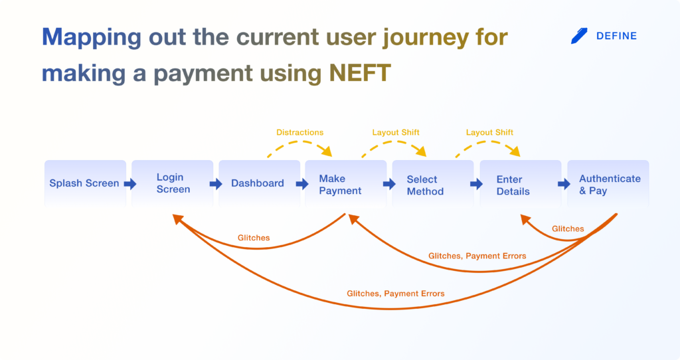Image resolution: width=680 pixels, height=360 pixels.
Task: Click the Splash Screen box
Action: coord(85,183)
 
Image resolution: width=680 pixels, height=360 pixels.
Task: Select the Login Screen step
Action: coord(172,183)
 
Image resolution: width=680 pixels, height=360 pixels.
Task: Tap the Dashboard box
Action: coord(260,183)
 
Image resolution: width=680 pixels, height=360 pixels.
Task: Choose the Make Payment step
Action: coord(345,183)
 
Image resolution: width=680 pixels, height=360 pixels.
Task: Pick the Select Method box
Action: coord(433,183)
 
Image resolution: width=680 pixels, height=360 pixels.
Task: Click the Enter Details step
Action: coord(521,183)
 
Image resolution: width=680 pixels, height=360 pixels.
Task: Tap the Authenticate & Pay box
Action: coord(608,183)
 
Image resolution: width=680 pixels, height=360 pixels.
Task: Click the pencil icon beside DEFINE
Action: coord(579,36)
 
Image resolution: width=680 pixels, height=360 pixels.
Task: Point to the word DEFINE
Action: coord(616,36)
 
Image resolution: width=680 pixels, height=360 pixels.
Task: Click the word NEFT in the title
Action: coord(360,72)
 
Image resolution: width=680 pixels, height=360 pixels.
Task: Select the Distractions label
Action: coord(299,132)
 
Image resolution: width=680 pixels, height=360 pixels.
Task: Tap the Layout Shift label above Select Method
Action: coord(396,132)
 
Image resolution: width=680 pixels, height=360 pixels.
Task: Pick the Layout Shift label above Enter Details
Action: coord(489,132)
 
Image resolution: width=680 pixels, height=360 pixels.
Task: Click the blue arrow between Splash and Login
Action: coord(130,184)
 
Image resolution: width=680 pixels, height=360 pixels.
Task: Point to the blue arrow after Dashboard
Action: coord(302,184)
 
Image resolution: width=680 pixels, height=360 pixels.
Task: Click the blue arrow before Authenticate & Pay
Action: coord(564,184)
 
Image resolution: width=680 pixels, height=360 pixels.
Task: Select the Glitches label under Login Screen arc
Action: coord(254,238)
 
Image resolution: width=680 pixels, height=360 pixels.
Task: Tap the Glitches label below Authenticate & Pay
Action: coord(568,228)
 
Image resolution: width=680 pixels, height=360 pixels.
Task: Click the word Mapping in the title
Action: coord(92,38)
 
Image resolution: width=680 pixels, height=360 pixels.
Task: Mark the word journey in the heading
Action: coord(426,38)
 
